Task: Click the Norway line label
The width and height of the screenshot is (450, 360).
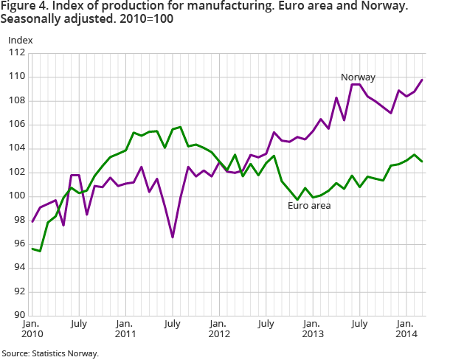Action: point(358,77)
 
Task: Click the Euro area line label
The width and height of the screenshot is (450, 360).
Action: point(308,205)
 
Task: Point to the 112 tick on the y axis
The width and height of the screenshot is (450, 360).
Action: point(15,53)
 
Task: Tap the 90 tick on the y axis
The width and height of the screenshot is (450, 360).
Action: point(18,315)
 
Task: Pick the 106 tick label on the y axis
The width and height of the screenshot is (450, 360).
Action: point(15,125)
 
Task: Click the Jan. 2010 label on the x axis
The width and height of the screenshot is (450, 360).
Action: point(32,328)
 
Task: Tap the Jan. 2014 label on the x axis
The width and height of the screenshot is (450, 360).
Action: point(404,328)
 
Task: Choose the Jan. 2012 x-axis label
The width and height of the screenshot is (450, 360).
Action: point(218,328)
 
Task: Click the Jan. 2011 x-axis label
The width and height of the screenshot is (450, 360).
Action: point(125,328)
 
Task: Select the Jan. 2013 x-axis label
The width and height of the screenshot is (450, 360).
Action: point(311,328)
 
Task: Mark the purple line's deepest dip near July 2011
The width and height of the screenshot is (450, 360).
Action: point(173,237)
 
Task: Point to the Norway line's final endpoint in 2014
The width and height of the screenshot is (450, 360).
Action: point(421,80)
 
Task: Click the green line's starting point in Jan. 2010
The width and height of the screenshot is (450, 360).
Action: point(32,249)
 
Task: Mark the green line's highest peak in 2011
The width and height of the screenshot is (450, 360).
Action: point(180,127)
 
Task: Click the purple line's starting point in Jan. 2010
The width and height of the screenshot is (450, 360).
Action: point(32,221)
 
